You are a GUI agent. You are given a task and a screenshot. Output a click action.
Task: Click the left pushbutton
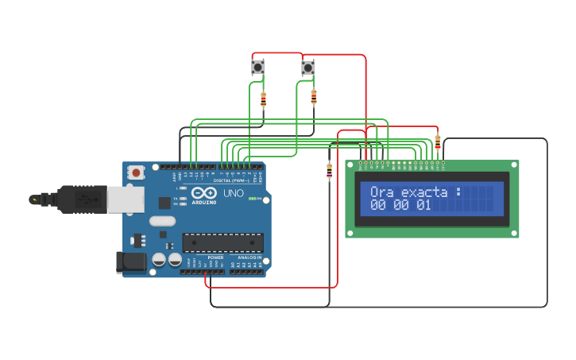pos(258,68)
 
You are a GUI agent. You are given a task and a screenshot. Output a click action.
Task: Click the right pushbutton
pos(308,68)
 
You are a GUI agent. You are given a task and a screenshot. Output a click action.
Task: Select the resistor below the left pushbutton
pos(264,99)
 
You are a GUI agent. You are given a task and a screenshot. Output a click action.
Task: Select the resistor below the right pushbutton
pos(314,96)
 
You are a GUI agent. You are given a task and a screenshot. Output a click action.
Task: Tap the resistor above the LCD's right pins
pos(438,141)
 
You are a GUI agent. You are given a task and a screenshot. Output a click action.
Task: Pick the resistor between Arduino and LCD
pos(330,170)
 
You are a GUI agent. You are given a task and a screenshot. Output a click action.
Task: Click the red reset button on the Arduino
pos(137,172)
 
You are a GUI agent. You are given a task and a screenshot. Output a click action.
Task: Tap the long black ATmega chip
pos(222,242)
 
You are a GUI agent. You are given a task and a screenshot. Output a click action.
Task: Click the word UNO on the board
pos(233,193)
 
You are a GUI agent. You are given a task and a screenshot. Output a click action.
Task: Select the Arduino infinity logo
pos(203,193)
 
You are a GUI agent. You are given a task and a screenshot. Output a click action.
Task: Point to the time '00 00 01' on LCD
pos(400,206)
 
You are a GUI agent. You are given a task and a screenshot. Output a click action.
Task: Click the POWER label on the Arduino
pos(215,257)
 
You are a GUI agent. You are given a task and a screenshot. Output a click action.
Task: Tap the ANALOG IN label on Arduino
pos(249,257)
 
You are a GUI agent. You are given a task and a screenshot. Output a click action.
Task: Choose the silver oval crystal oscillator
pos(161,222)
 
